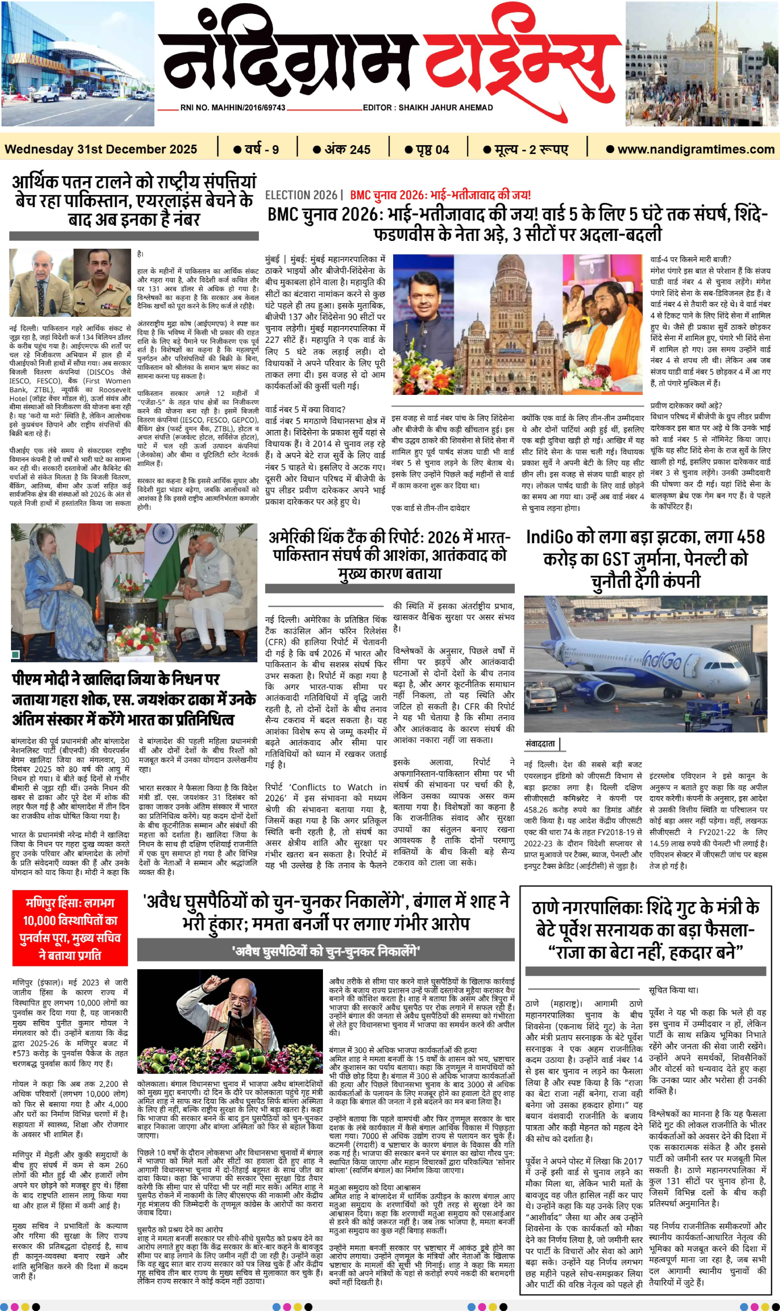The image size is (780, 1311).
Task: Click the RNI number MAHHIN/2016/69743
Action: coord(233,107)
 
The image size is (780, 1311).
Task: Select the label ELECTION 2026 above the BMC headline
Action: coord(301,195)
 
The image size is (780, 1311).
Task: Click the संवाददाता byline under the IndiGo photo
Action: coord(540,744)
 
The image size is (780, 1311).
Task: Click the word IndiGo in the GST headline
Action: coord(549,537)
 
